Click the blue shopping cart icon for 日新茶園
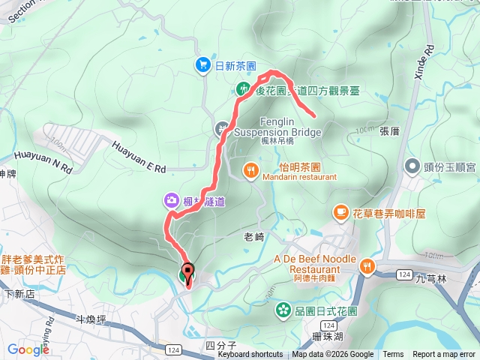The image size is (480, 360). [x=202, y=65]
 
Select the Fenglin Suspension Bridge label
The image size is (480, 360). [x=277, y=127]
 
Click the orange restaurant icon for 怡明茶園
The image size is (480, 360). [x=250, y=170]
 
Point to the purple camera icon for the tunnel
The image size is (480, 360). [x=171, y=200]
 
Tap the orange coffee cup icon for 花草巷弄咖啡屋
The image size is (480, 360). [x=341, y=213]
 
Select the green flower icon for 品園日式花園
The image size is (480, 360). [x=283, y=308]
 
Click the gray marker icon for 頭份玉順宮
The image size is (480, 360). [x=411, y=165]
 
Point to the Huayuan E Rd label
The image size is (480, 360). [x=138, y=158]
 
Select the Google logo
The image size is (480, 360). [x=28, y=349]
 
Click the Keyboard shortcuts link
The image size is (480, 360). [x=250, y=355]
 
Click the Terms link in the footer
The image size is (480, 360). [x=393, y=355]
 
